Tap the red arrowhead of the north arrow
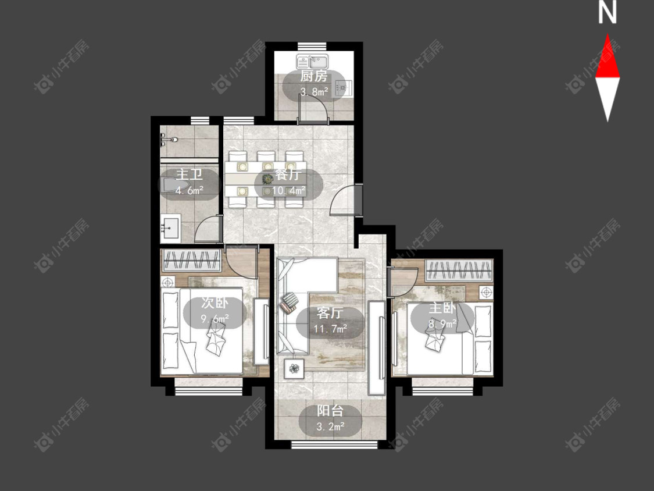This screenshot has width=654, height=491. click(x=607, y=56)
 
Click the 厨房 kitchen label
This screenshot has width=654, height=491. click(x=314, y=76)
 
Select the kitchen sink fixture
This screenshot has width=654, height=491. click(x=312, y=62)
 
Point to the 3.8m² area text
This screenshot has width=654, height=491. click(x=314, y=91)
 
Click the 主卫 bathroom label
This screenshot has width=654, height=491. click(x=190, y=174)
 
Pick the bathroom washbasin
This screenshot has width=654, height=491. click(x=170, y=228)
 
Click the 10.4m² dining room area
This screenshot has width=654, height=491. click(x=288, y=191)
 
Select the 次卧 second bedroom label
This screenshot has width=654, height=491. click(x=215, y=303)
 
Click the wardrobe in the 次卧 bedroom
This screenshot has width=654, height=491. click(x=191, y=261)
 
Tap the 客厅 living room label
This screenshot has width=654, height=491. click(x=330, y=313)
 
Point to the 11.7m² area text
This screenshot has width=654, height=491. click(x=331, y=329)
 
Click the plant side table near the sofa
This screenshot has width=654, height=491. click(x=295, y=368)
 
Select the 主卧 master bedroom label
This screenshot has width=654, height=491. click(x=442, y=308)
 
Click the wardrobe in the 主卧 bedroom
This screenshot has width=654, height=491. click(x=459, y=270)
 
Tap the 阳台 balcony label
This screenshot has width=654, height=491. click(x=330, y=411)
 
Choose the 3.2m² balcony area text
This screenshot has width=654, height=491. click(x=330, y=426)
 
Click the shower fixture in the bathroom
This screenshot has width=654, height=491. click(x=169, y=140)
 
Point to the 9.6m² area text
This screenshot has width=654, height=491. click(x=215, y=319)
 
